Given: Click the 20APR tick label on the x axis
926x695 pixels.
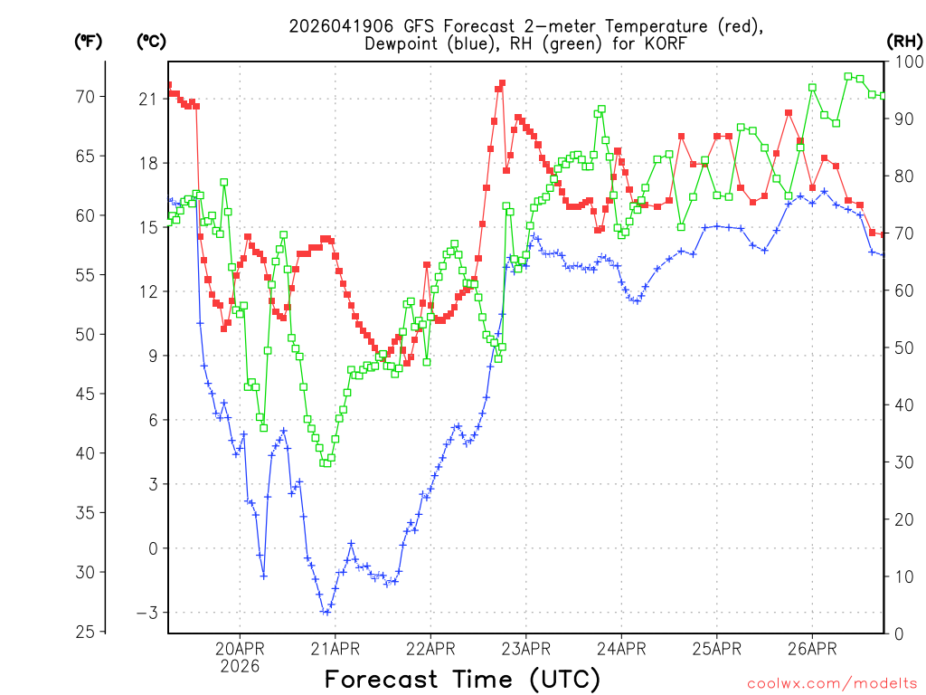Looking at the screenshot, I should coord(240,648).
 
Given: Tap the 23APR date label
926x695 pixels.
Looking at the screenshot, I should coord(525,648).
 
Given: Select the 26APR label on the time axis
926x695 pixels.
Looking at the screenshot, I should coord(811,648).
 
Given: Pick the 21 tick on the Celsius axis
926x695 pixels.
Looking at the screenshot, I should coord(146,99).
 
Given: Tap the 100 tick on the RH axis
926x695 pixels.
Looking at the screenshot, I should coord(905,62).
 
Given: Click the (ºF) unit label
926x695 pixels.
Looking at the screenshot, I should coord(89,41).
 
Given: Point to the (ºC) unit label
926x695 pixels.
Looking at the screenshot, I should coord(152,41).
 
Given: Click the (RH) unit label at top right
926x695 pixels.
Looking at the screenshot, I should coord(904,41).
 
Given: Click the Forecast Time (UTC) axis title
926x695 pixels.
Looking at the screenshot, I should coord(462,679).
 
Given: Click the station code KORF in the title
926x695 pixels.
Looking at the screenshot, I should coord(666,43).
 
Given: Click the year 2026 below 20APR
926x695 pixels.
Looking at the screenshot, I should coord(240,666).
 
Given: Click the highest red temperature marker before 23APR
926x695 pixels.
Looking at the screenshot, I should coord(502,83).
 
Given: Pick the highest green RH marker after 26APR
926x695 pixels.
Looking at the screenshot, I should coord(848,77).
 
